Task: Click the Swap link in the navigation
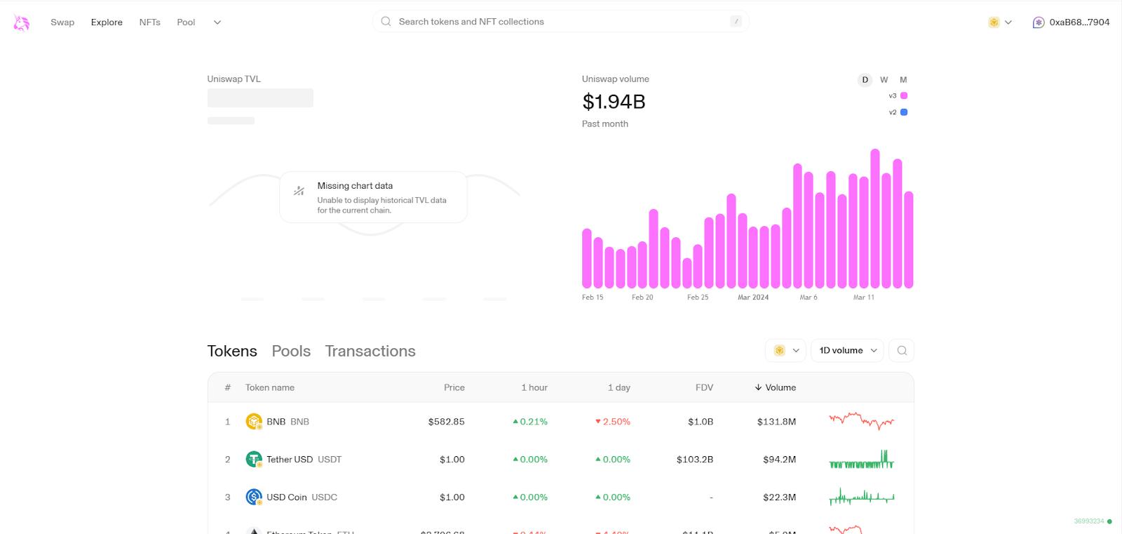tap(62, 22)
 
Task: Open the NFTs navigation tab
tap(149, 22)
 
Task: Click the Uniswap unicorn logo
tap(22, 22)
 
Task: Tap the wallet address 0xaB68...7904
tap(1079, 22)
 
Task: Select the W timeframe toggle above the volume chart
tap(884, 80)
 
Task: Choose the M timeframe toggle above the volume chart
tap(903, 80)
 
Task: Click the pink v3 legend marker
tap(904, 95)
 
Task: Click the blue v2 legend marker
tap(904, 112)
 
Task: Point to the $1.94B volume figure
tap(614, 102)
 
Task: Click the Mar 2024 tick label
tap(752, 298)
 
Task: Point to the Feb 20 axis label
tap(642, 298)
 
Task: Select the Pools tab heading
tap(291, 351)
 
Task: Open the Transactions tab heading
tap(370, 351)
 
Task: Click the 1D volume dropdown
tap(847, 350)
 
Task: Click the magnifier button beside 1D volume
tap(902, 350)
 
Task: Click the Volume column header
tap(776, 387)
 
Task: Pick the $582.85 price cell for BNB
tap(446, 422)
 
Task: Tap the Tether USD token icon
tap(254, 459)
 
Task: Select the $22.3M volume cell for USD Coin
tap(779, 497)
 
